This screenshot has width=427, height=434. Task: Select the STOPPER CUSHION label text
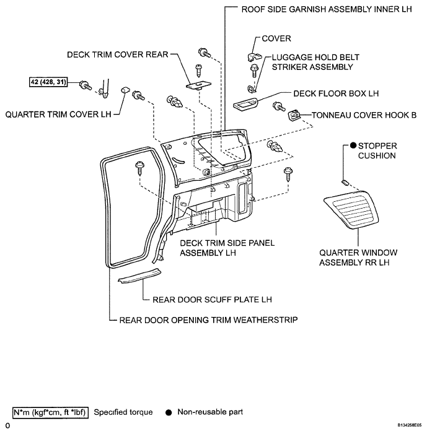tap(376, 150)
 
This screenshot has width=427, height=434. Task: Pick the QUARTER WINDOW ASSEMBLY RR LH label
tap(358, 258)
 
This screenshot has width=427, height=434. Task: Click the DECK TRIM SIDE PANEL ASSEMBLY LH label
tap(227, 248)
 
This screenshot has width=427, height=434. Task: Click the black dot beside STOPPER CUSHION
tap(353, 145)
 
